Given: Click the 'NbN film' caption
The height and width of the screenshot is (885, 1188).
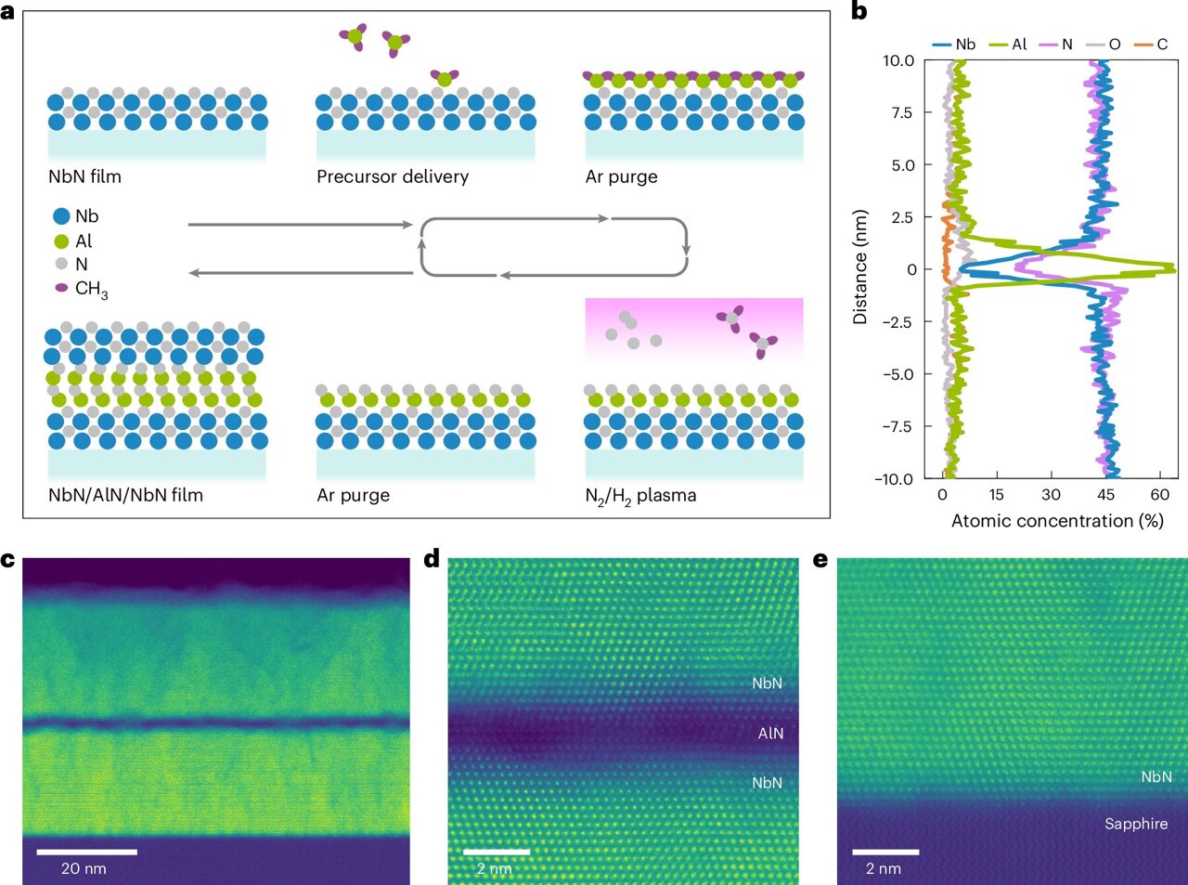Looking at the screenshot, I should click(x=84, y=176).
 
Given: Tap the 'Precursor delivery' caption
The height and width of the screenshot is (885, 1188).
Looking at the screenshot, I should click(x=392, y=176).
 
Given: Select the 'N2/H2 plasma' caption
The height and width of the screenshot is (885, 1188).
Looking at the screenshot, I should click(x=640, y=496).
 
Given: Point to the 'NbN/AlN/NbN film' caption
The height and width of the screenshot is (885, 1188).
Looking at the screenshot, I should click(x=125, y=495).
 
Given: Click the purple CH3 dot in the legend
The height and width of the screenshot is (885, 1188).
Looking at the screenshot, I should click(x=62, y=288).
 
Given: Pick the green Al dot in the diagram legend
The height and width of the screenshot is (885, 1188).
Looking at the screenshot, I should click(x=62, y=241).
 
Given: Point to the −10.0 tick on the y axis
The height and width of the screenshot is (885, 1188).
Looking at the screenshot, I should click(x=894, y=479).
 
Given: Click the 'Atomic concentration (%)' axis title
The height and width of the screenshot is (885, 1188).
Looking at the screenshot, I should click(x=1056, y=521).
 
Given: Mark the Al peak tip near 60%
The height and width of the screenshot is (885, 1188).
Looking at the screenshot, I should click(x=1174, y=269).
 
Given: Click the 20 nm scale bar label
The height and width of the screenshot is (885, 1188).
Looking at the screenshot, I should click(x=84, y=869).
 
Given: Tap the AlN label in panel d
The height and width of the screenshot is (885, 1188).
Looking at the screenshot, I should click(x=770, y=734).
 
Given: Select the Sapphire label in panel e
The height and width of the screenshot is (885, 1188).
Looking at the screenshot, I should click(x=1136, y=824).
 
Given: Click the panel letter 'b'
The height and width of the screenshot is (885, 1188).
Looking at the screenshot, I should click(x=859, y=12).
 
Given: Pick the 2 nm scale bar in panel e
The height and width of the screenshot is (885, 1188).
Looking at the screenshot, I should click(x=885, y=852).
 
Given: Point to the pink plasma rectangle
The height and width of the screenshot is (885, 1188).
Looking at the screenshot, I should click(x=693, y=328).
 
